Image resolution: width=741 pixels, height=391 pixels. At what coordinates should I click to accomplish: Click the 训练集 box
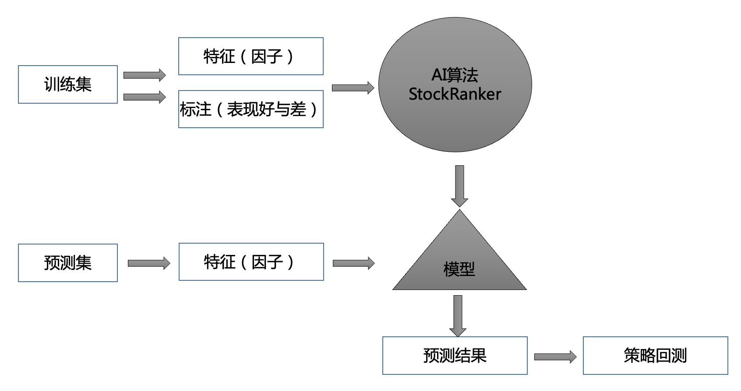[68, 84]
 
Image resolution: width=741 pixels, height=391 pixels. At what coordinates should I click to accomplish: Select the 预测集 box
[68, 263]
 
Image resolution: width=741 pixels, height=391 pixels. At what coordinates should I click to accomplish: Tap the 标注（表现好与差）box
[251, 109]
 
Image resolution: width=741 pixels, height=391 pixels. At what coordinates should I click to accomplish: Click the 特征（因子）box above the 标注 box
[251, 56]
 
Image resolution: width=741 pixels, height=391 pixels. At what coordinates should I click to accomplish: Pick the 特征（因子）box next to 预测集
[251, 262]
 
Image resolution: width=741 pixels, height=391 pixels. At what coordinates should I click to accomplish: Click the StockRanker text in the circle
[455, 94]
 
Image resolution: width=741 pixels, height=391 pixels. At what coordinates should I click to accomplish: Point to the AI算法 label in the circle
[455, 75]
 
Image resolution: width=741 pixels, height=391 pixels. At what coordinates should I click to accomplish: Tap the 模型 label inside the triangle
[459, 269]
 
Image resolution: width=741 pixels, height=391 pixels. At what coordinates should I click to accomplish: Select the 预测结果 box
[455, 356]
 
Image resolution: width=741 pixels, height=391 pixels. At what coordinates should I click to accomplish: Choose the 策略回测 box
[655, 356]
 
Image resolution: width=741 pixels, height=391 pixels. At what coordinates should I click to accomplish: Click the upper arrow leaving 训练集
[145, 75]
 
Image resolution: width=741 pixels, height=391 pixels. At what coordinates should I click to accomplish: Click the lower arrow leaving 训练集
[145, 97]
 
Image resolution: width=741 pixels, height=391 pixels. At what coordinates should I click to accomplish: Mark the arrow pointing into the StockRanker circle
[353, 88]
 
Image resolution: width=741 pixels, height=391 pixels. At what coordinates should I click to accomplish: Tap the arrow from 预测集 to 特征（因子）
[149, 263]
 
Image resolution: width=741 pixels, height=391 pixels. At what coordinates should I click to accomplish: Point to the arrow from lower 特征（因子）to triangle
[353, 263]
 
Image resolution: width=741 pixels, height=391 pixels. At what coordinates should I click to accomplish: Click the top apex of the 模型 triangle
[459, 211]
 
